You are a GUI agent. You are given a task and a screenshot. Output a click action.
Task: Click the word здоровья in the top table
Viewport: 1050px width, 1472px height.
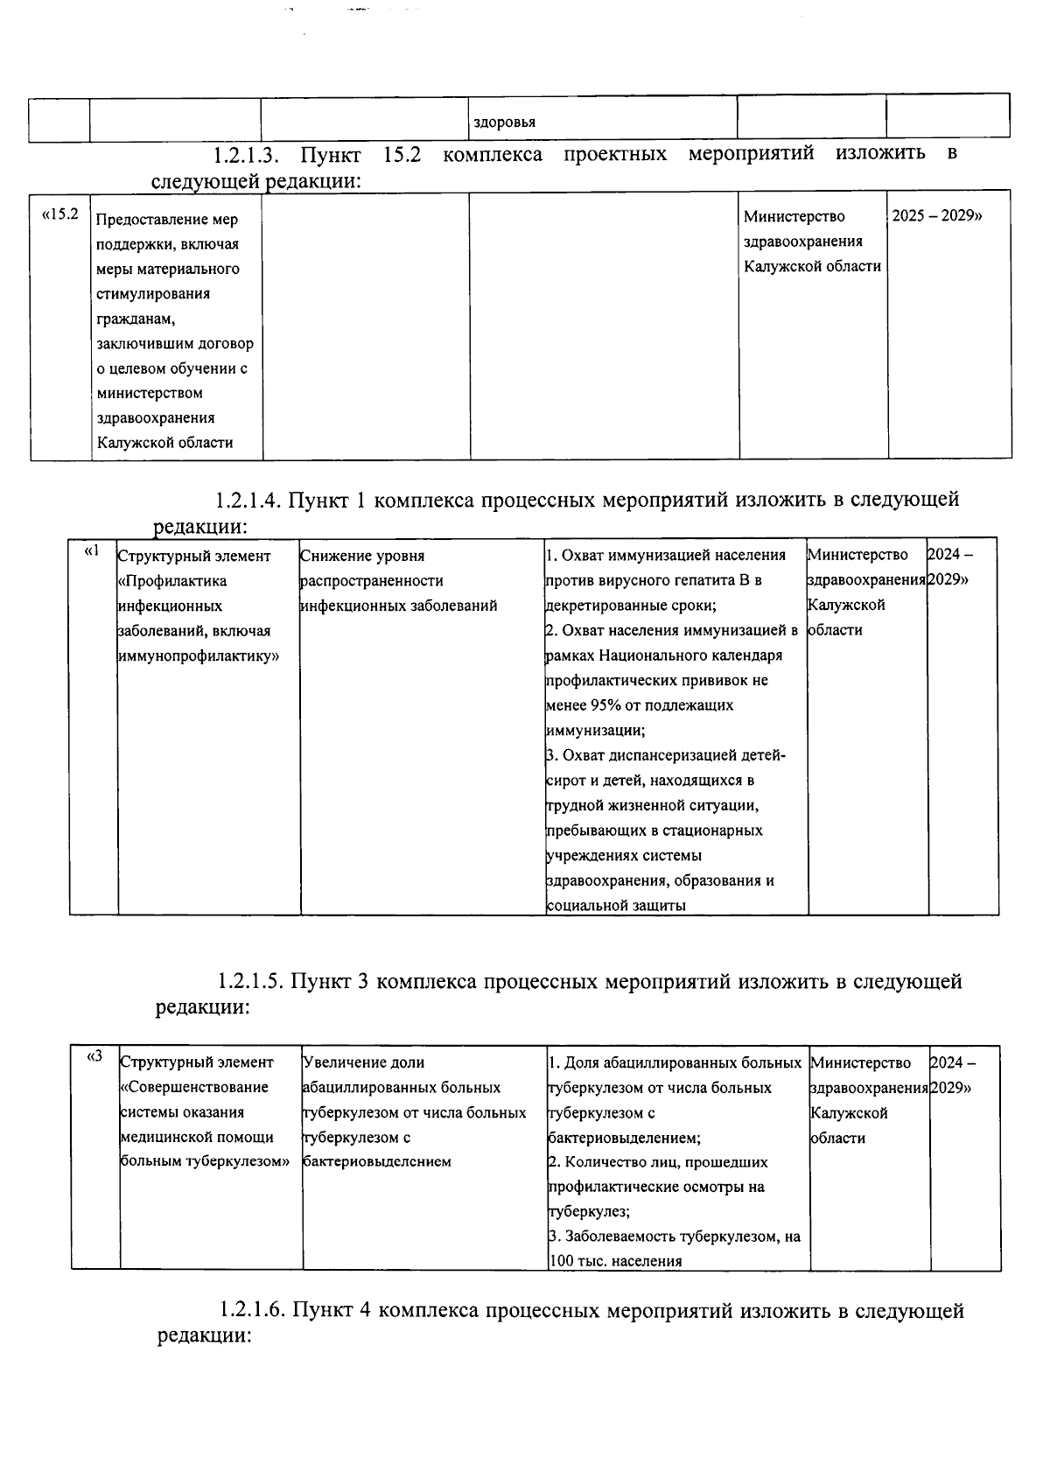(504, 123)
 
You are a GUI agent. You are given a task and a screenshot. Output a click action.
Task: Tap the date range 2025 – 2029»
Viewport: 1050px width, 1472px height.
(936, 215)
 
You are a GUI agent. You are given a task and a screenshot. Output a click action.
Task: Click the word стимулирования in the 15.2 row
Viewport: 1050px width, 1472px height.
(153, 293)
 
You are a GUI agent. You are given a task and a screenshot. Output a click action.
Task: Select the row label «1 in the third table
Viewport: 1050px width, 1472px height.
(92, 551)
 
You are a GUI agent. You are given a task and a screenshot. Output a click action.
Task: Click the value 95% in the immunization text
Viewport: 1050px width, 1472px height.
(610, 705)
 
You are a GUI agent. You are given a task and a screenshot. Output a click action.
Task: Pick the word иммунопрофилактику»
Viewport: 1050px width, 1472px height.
(198, 655)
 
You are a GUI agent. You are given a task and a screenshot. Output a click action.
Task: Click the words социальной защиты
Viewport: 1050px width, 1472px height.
(616, 906)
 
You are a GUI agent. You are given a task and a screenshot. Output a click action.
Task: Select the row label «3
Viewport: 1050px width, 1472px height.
(94, 1056)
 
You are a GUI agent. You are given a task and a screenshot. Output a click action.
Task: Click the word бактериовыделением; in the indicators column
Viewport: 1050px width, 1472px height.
(624, 1138)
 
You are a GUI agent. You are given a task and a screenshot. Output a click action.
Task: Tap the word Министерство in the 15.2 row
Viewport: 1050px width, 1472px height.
(794, 216)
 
